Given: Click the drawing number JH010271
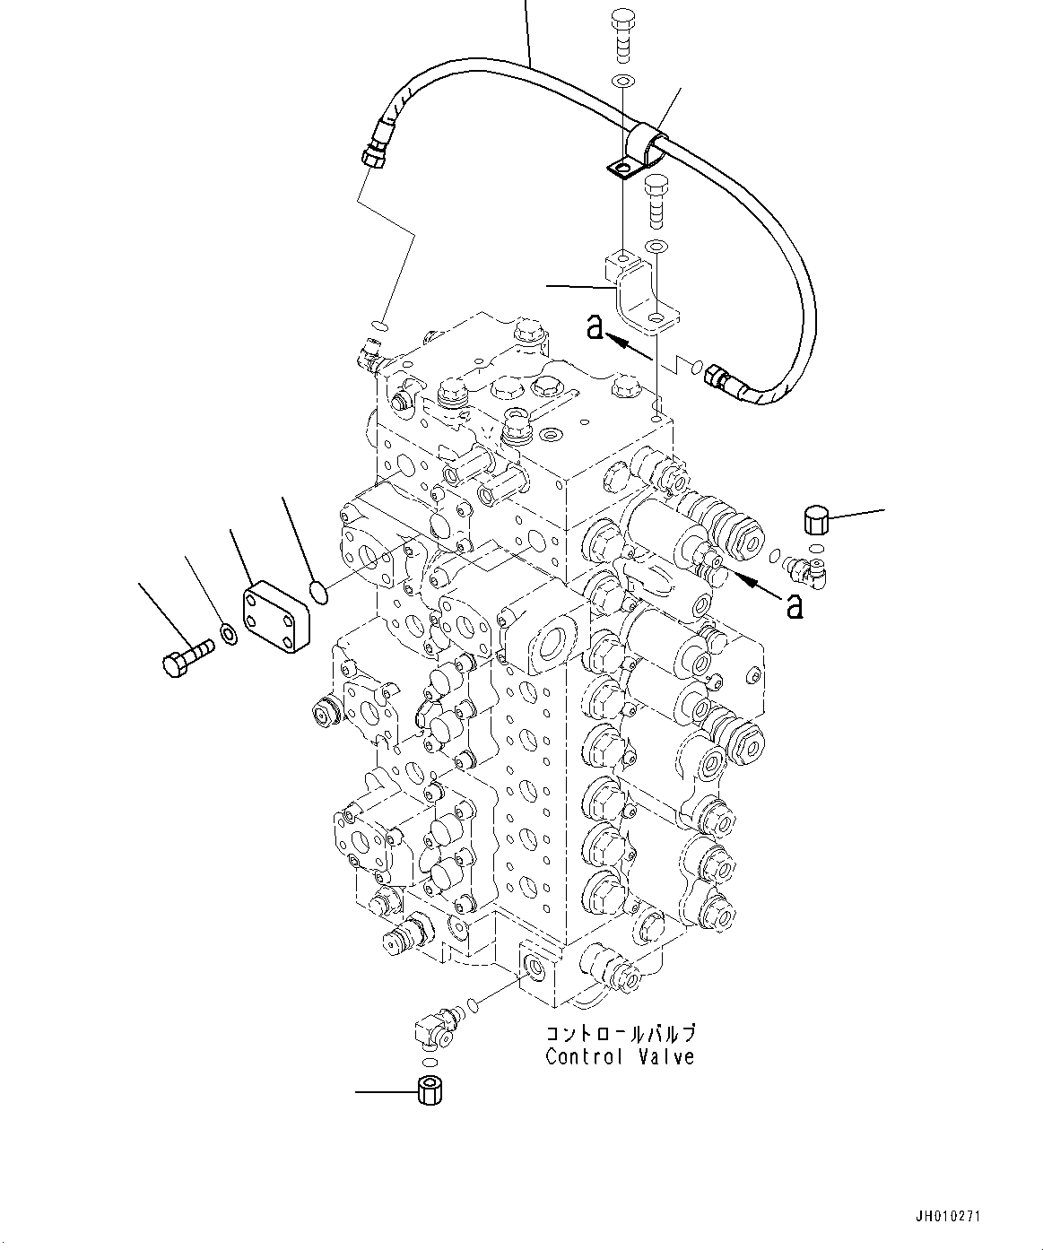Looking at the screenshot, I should [948, 1217].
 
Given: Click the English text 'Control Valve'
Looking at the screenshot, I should [620, 1057].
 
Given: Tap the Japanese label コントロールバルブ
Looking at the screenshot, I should [621, 1034].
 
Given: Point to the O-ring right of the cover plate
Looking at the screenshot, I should [316, 590].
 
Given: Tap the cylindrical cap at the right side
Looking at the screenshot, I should [813, 518].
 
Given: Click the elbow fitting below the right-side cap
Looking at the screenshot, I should [806, 570].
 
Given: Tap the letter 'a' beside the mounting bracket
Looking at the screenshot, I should [595, 327].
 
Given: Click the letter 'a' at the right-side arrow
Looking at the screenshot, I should [793, 607].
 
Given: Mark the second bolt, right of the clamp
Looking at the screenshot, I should [656, 200].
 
